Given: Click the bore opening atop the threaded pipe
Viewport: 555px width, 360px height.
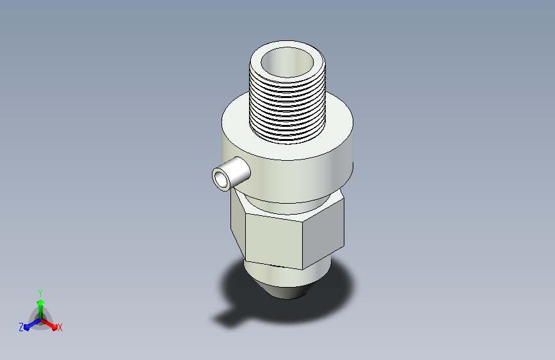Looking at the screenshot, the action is coord(287,62).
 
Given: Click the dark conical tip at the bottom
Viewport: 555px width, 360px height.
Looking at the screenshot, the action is coord(287,291).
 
